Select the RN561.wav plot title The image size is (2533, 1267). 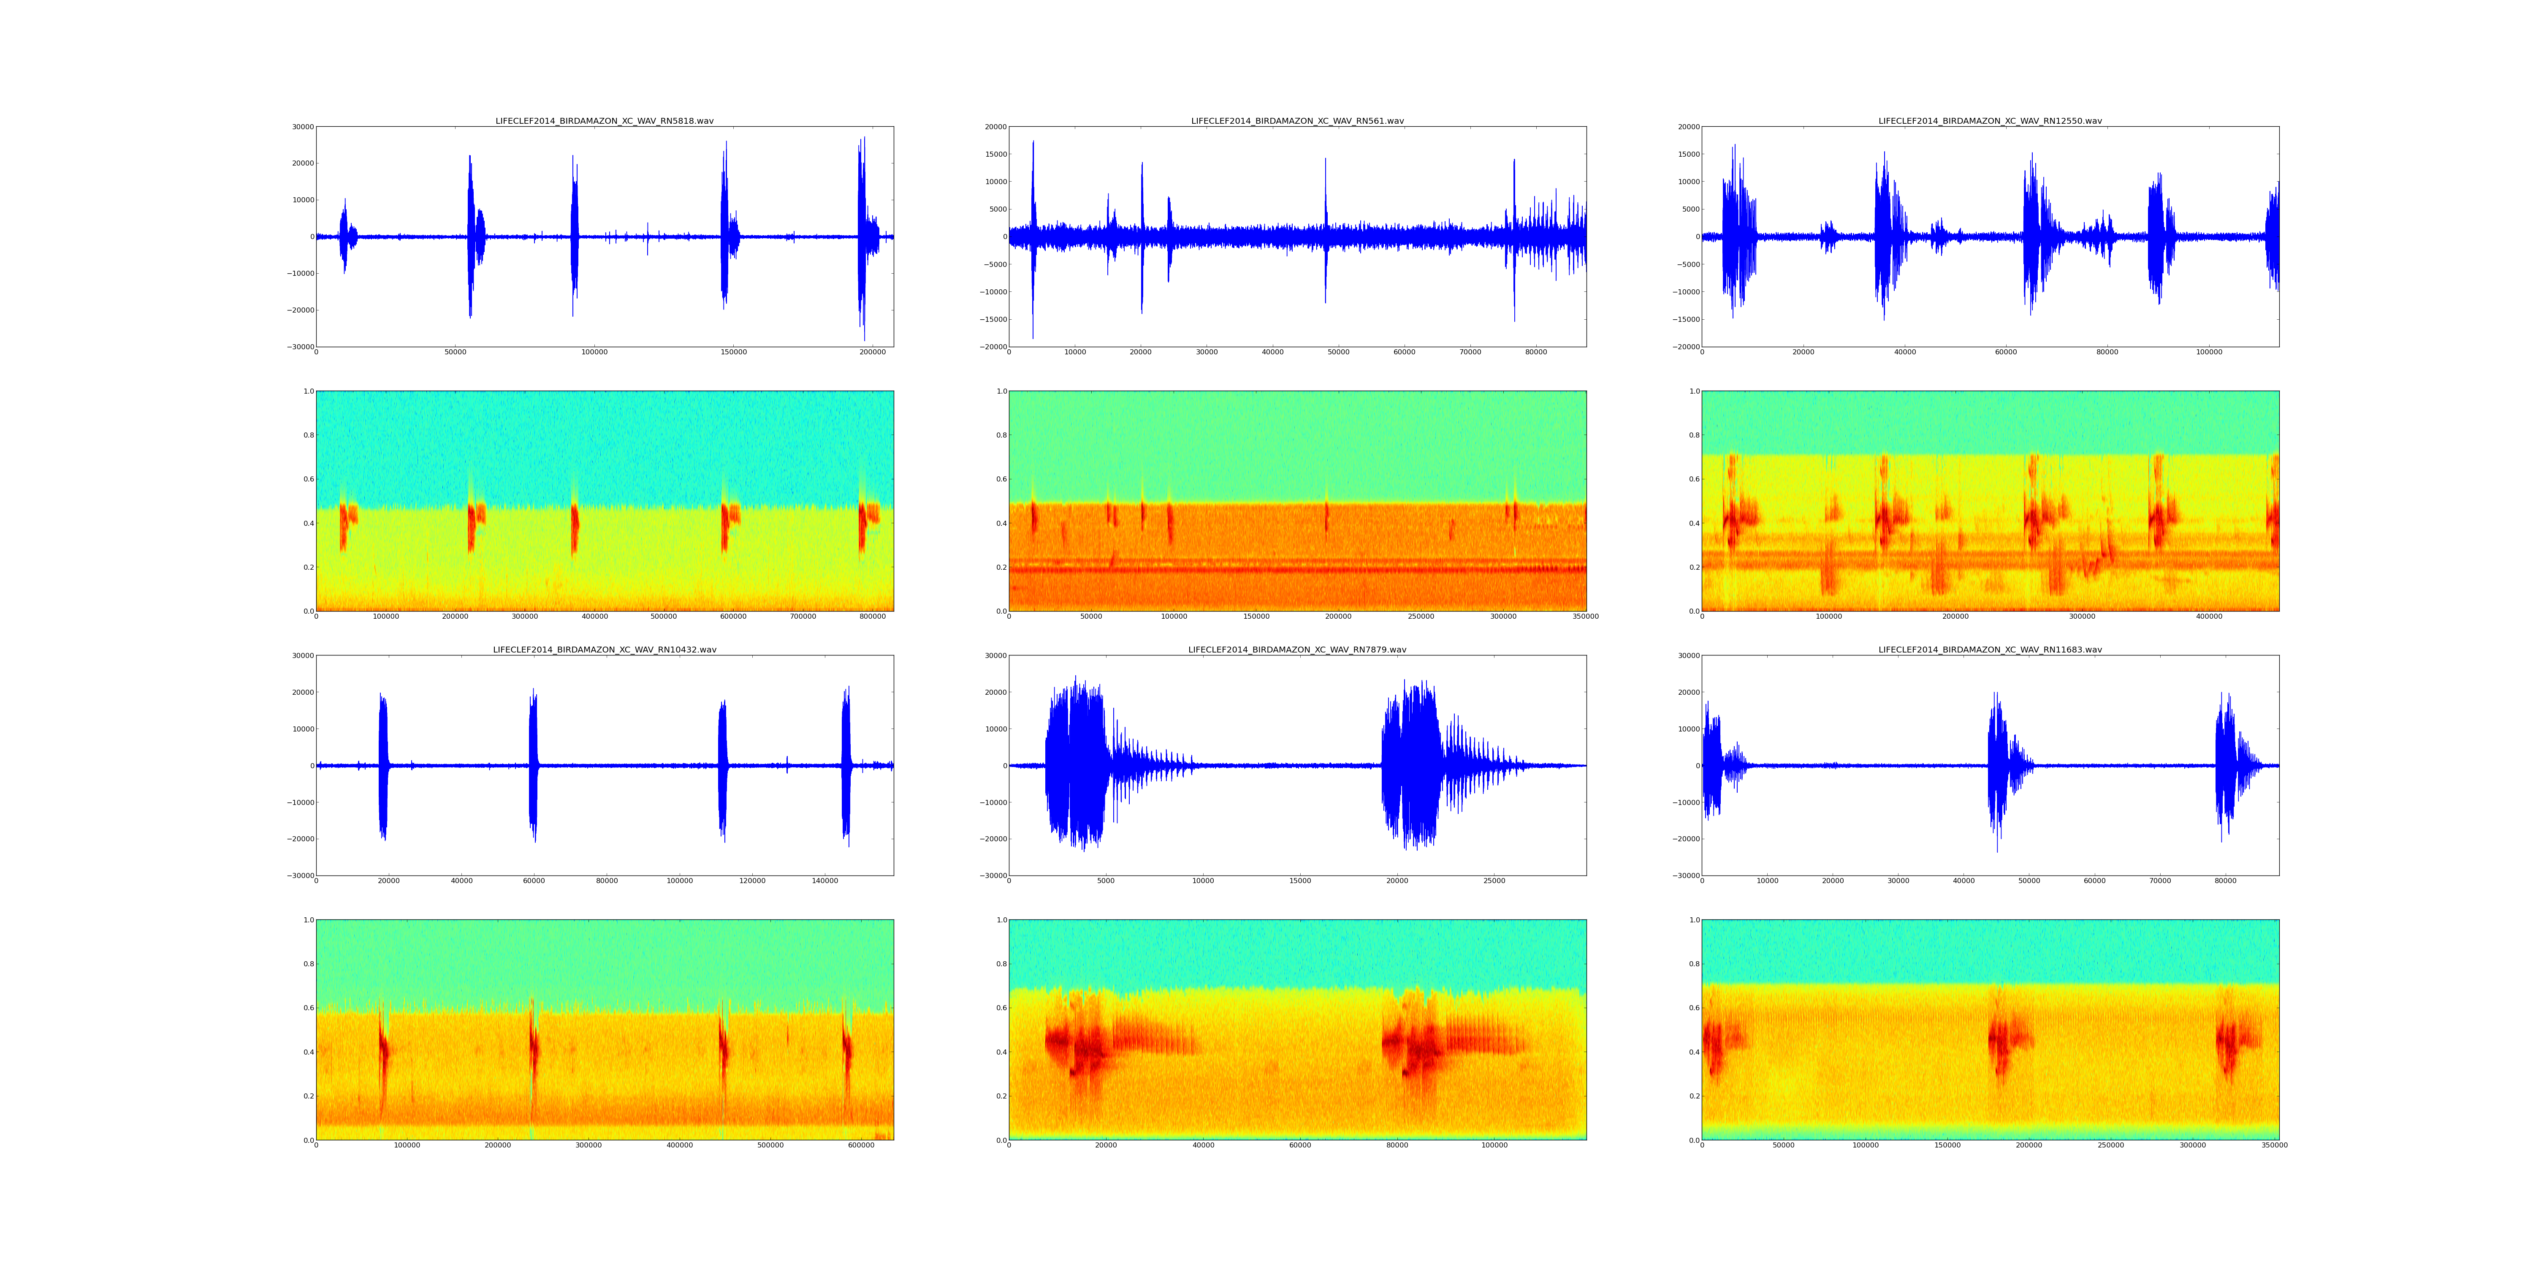1297,121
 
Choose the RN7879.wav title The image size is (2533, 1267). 1297,649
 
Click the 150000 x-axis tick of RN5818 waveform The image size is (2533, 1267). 734,352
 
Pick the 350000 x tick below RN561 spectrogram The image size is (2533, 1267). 1585,617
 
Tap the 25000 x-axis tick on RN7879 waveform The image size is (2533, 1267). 1494,881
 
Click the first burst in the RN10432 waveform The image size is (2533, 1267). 383,765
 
